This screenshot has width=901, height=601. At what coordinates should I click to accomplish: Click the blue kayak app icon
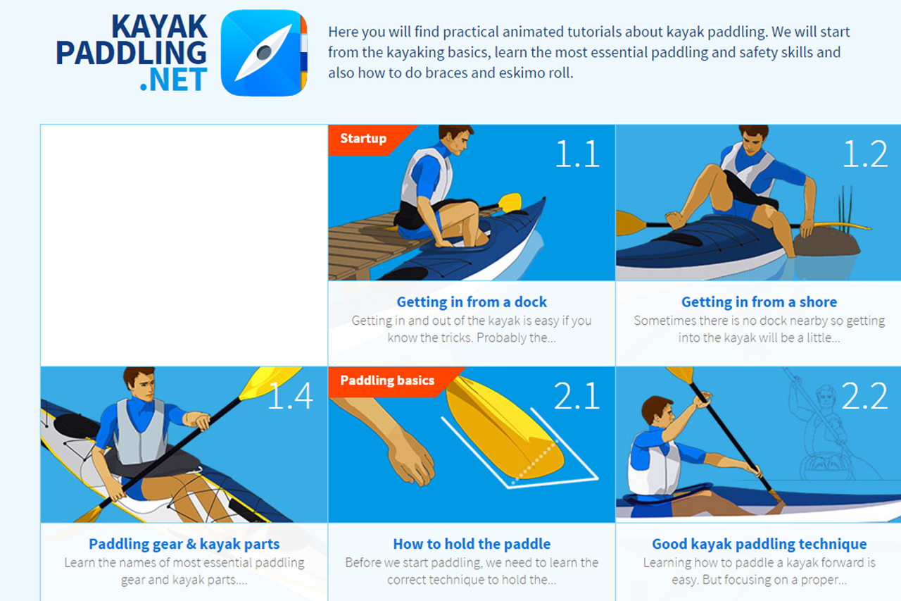click(x=264, y=53)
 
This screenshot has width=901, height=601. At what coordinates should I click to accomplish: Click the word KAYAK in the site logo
click(x=160, y=27)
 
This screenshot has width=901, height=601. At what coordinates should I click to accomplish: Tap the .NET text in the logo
click(x=173, y=80)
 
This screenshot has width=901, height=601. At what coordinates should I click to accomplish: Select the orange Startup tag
click(x=363, y=138)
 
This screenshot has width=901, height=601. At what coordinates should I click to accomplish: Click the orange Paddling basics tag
click(x=386, y=380)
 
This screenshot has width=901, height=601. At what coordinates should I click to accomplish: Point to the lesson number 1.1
click(x=576, y=154)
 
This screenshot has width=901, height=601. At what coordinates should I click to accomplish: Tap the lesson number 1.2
click(x=864, y=154)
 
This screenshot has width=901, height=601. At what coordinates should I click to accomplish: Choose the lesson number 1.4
click(x=290, y=396)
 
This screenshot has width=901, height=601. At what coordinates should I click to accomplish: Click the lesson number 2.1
click(x=576, y=396)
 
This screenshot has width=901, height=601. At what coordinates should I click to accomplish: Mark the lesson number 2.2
click(x=864, y=396)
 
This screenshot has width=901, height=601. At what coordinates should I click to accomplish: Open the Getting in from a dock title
click(x=472, y=302)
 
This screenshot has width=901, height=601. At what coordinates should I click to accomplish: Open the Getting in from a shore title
click(x=759, y=302)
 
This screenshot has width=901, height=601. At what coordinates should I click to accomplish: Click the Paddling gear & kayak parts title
click(x=184, y=544)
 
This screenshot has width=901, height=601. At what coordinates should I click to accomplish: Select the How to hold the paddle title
click(x=472, y=544)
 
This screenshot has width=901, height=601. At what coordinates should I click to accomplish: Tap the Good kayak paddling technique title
click(x=759, y=544)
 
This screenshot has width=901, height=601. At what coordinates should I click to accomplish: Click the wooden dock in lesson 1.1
click(x=359, y=247)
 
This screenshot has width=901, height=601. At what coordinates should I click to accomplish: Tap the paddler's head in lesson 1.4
click(x=139, y=385)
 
